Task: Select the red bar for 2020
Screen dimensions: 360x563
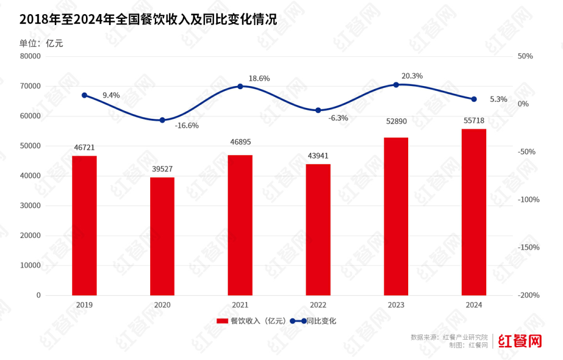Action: tap(162, 236)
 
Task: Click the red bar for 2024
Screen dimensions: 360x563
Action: tap(474, 212)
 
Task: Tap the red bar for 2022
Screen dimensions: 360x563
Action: tap(318, 230)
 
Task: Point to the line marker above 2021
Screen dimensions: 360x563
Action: tap(240, 86)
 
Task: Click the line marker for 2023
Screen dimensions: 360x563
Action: tap(396, 85)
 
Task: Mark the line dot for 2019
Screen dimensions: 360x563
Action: tap(84, 95)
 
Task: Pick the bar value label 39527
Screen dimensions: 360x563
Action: tap(162, 169)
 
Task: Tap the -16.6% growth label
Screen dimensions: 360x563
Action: tap(186, 126)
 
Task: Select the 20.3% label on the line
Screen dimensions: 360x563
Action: tap(412, 76)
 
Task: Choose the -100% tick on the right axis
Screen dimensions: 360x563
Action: tap(529, 200)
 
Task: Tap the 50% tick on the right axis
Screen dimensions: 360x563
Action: tap(525, 56)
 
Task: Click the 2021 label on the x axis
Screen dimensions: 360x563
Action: tap(240, 305)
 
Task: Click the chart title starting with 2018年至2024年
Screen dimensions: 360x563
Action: tap(148, 20)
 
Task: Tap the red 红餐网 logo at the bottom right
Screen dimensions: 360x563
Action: tap(520, 341)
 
